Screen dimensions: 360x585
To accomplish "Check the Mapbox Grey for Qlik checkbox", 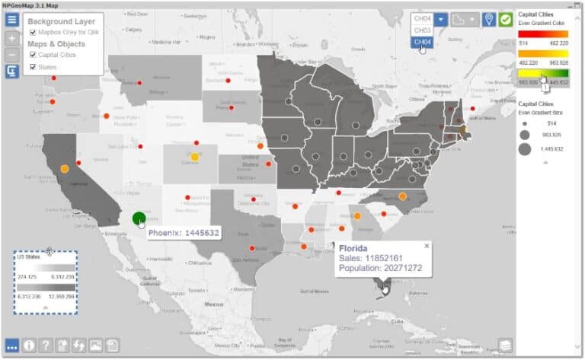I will [33, 33].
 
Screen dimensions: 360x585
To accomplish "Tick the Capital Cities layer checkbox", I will [33, 56].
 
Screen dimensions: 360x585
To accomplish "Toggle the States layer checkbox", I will [33, 68].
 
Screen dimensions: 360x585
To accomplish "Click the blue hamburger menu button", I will [12, 19].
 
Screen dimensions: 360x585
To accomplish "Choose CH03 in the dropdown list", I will [422, 30].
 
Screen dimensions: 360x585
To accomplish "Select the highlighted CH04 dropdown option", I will [422, 43].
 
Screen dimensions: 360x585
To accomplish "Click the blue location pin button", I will [488, 19].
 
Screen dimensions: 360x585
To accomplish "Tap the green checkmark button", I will [505, 19].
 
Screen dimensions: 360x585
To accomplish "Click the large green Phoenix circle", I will [139, 219].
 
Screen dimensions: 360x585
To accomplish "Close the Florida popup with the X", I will [427, 246].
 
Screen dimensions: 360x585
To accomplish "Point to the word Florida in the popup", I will [353, 249].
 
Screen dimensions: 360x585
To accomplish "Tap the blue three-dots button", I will [11, 346].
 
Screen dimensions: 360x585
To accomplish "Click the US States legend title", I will [28, 258].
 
